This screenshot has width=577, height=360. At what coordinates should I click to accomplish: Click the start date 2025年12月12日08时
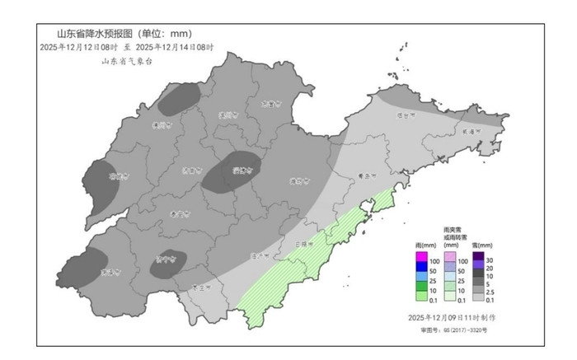point(78,48)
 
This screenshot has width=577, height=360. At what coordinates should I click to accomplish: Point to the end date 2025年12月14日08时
point(173,48)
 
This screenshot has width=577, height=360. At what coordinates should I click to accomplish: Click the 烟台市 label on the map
point(404,116)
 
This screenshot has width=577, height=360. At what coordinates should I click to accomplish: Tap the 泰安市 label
point(178,213)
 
